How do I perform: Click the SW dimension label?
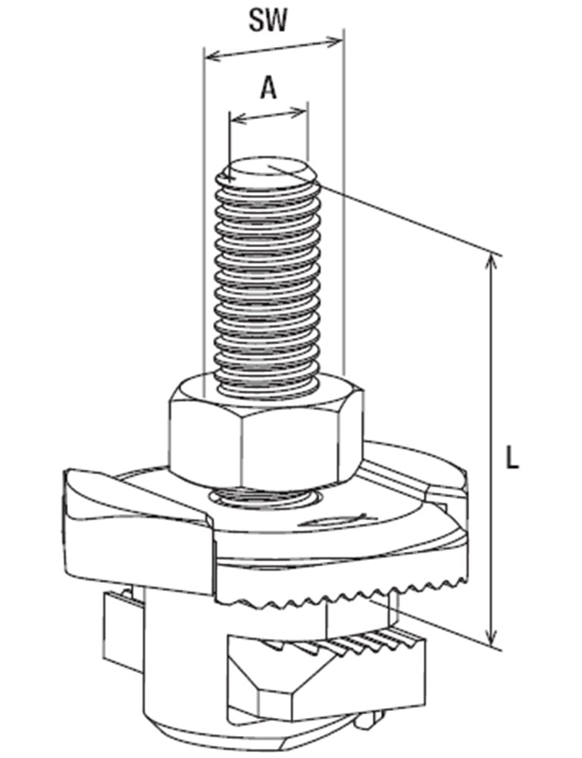(x=268, y=20)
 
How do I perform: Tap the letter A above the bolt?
(x=269, y=89)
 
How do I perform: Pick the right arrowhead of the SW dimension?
(x=335, y=42)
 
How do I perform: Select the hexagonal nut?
(x=265, y=431)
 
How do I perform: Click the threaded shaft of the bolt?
(x=268, y=280)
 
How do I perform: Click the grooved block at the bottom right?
(x=327, y=677)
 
